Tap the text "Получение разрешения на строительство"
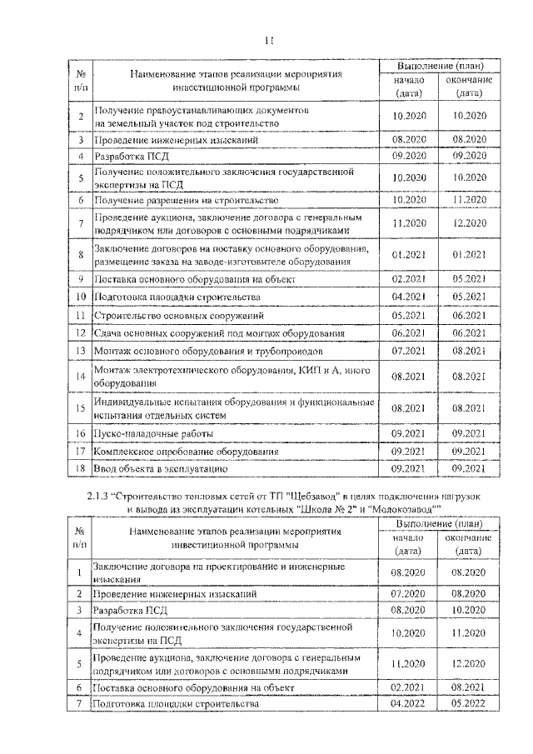pyautogui.click(x=184, y=200)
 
